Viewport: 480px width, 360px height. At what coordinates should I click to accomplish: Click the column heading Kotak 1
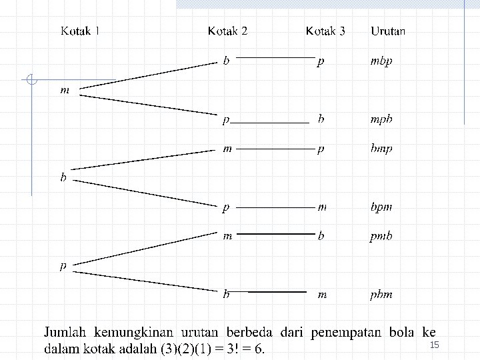click(x=80, y=31)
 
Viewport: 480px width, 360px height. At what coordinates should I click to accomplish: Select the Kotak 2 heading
click(x=227, y=31)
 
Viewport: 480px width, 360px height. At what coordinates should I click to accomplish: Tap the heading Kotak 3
click(x=325, y=31)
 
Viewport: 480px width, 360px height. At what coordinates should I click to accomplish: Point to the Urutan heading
click(x=388, y=31)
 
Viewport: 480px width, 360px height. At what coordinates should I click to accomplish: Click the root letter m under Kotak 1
click(x=65, y=90)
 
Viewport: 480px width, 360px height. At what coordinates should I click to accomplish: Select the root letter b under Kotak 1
click(x=63, y=177)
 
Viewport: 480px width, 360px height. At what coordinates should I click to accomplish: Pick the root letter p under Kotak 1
click(x=63, y=266)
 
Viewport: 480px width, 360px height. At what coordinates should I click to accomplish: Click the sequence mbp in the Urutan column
click(x=381, y=61)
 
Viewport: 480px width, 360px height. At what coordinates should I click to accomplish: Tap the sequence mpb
click(x=381, y=119)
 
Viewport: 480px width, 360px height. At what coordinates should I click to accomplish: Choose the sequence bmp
click(x=381, y=149)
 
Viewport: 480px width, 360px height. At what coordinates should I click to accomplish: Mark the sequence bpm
click(x=381, y=207)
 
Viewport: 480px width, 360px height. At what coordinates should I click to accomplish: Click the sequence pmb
click(x=381, y=236)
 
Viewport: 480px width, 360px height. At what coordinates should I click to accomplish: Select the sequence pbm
click(x=381, y=295)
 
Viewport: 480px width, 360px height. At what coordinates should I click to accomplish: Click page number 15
click(x=435, y=345)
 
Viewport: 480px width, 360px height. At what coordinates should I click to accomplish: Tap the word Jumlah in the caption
click(x=65, y=332)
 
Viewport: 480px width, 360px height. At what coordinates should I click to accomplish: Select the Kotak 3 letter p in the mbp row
click(x=320, y=61)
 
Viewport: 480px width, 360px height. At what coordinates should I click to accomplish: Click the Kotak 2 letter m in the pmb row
click(x=227, y=236)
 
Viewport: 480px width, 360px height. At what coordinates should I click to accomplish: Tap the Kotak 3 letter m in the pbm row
click(x=322, y=295)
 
